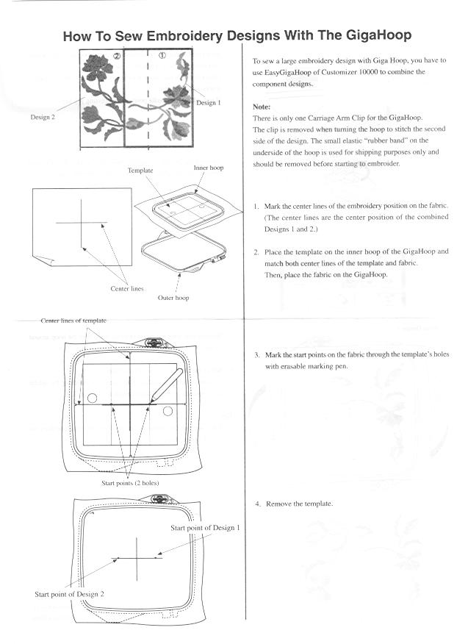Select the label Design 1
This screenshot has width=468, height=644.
[207, 102]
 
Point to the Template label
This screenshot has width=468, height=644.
[140, 170]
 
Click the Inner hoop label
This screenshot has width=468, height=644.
[209, 168]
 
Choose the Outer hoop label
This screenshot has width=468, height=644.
[173, 298]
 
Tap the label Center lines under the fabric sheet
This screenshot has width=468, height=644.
[127, 289]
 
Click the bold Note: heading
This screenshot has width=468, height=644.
[262, 106]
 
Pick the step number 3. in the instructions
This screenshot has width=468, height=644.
[256, 354]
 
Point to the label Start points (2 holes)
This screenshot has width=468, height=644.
[130, 483]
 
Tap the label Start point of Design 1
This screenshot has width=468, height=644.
[205, 528]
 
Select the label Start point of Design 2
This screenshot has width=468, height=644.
[70, 593]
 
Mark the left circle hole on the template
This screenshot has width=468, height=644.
[92, 398]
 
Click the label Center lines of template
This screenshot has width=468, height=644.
[73, 321]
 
